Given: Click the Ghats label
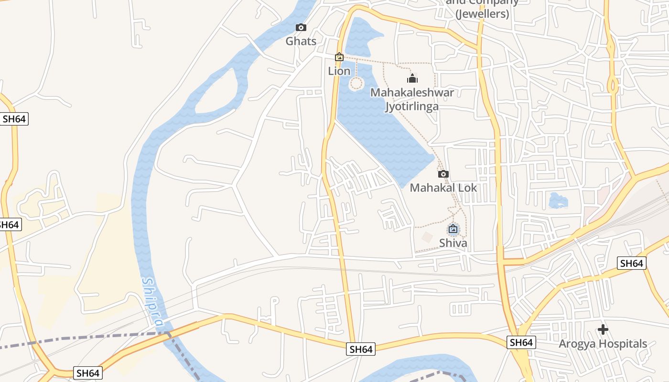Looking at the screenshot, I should click(x=301, y=41).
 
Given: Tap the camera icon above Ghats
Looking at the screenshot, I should click(x=301, y=28).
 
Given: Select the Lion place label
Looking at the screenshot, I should click(x=339, y=71).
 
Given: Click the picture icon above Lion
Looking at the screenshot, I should click(x=339, y=57).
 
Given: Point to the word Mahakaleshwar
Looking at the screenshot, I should click(x=412, y=93).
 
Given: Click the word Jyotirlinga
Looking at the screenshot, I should click(x=412, y=106).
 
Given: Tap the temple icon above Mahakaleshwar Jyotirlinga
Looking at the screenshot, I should click(x=412, y=78).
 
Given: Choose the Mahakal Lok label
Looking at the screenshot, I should click(x=443, y=188).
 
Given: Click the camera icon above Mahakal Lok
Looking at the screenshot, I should click(x=443, y=174).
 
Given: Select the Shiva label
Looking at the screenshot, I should click(x=453, y=243).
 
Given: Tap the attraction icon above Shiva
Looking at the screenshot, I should click(x=453, y=229).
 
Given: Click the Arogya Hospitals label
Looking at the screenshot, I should click(x=603, y=344).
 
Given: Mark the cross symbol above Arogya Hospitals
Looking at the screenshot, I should click(x=603, y=329).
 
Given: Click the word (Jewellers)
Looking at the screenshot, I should click(x=482, y=14).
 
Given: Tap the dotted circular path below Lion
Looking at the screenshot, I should click(x=356, y=84).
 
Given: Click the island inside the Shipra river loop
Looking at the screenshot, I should click(x=217, y=91).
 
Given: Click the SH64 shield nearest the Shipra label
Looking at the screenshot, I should click(x=88, y=373).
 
